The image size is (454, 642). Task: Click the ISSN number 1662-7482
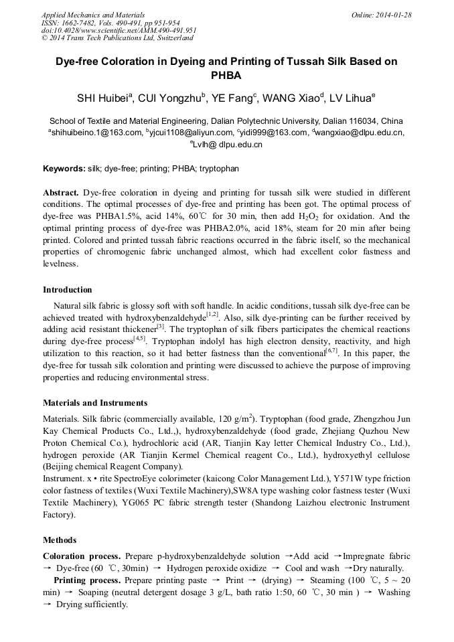coord(78,22)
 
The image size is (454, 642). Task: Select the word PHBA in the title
coord(226,76)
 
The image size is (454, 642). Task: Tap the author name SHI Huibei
coord(103,98)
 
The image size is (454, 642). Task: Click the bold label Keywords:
coord(64,168)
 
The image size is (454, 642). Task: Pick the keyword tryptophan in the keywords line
coord(218,168)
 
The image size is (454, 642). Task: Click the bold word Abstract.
coord(61,191)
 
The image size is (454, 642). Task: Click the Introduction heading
coord(68,290)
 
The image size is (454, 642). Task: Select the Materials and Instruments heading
coord(95,403)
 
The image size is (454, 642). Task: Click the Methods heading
coord(60,540)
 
